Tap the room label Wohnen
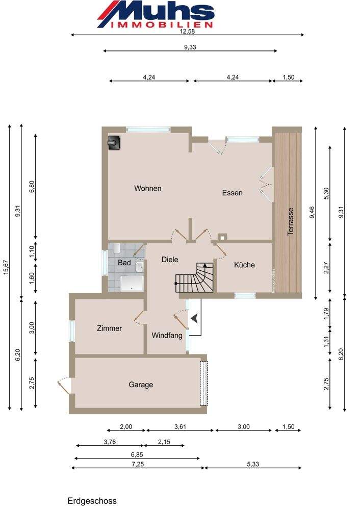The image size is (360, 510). coord(148,188)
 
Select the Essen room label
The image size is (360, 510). coord(232,193)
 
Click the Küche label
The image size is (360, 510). coord(244,265)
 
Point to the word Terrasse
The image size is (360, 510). coord(291,221)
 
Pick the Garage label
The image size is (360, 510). coord(141,385)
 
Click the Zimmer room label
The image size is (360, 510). coord(109,328)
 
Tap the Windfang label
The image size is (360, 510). coord(167,336)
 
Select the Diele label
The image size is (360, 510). coord(170,260)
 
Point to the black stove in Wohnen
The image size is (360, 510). coord(114,143)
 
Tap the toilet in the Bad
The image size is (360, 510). coord(117,249)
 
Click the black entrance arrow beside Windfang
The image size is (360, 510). coord(194,318)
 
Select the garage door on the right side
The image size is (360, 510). coord(203,384)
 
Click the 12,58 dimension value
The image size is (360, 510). coord(187,32)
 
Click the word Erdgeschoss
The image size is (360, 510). coord(92,501)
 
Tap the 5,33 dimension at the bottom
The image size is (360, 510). coord(253,464)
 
